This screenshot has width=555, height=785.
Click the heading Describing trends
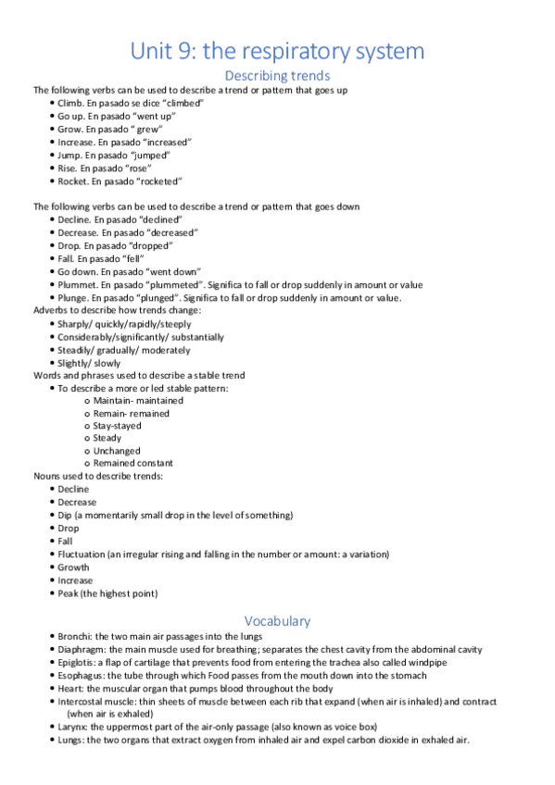coord(277,75)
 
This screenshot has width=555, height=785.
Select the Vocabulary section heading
coord(277,620)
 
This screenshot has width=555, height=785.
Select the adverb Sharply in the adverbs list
coord(74,324)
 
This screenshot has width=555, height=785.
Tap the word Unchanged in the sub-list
coord(115,451)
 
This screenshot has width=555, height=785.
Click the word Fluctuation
coord(80,554)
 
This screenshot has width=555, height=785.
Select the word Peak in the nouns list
coord(68,592)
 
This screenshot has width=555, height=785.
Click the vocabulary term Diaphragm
coord(82,649)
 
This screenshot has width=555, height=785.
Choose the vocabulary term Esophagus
coord(81,675)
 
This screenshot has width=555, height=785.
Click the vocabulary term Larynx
coord(71,727)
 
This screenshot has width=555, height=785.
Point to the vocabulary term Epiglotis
coord(78,662)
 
